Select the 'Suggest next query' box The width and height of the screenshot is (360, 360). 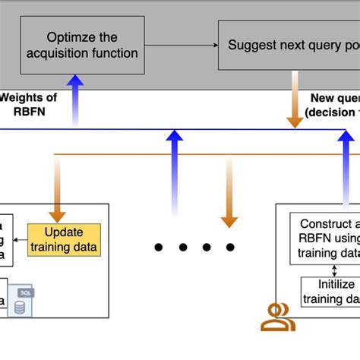(289, 45)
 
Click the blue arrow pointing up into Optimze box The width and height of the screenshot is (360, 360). (75, 99)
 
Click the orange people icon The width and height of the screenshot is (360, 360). (278, 318)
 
